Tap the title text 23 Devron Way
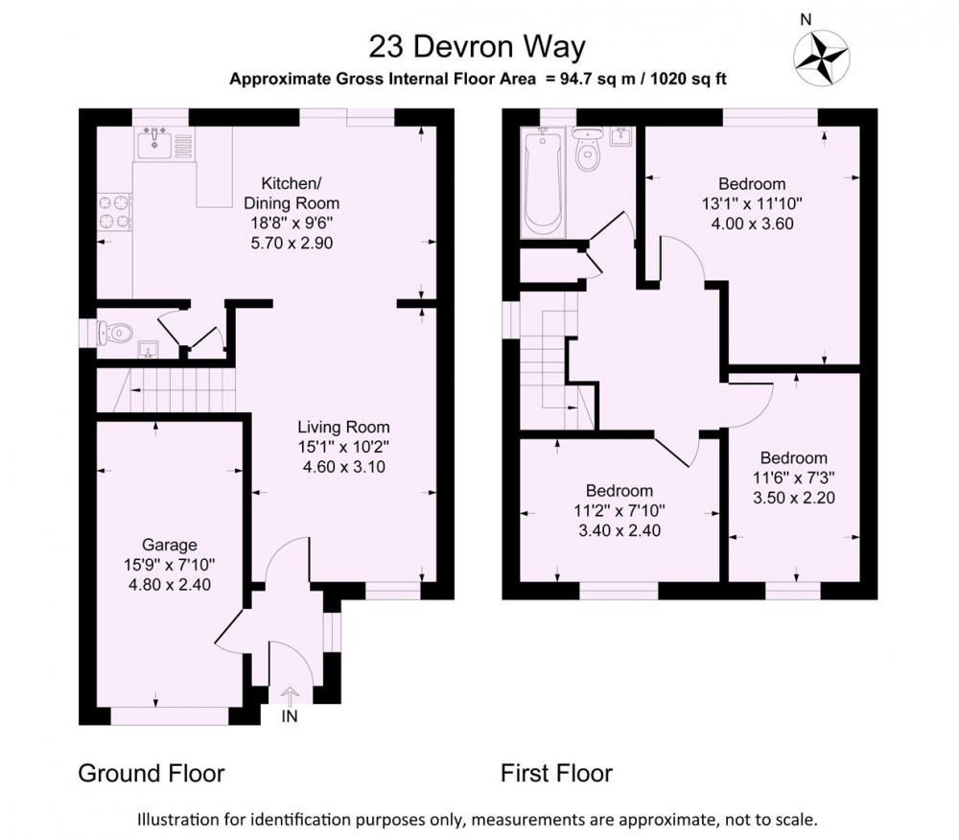[477, 47]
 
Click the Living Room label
[343, 427]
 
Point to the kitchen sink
[154, 144]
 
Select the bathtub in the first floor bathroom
[542, 182]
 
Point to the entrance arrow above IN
[290, 696]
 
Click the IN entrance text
[290, 716]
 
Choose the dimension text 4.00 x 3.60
[752, 223]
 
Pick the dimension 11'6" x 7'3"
[793, 478]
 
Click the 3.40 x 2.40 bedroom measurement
[619, 530]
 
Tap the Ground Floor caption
[152, 774]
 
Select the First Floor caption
[556, 774]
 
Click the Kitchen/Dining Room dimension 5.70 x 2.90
[292, 243]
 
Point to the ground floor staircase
[166, 390]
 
